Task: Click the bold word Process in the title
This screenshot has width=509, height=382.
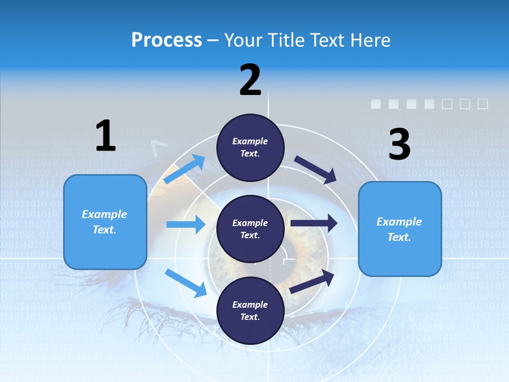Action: [x=166, y=40]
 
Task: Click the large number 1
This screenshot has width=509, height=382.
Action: [x=106, y=136]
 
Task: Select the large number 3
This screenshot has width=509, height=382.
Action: [x=399, y=144]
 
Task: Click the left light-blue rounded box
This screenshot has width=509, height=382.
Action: [x=105, y=222]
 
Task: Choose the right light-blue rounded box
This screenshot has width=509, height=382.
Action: [x=400, y=229]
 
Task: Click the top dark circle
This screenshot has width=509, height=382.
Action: [x=250, y=147]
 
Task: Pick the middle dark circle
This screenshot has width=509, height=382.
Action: [x=250, y=229]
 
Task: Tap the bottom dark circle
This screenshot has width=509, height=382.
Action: [x=250, y=311]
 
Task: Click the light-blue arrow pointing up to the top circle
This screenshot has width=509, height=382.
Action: [x=185, y=169]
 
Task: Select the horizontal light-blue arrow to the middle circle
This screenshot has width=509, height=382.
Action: [x=186, y=224]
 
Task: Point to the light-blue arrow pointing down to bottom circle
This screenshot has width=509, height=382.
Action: [x=186, y=283]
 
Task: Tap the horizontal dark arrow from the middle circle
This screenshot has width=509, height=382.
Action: [x=314, y=223]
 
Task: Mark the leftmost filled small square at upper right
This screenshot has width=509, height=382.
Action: [x=375, y=104]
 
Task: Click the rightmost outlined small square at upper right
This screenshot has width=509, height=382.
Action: [x=482, y=104]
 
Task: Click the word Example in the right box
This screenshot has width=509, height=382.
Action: [x=399, y=222]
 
